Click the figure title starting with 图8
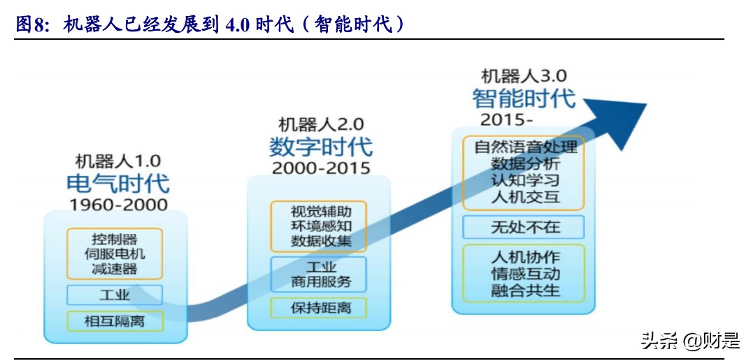coord(210,25)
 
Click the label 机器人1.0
coord(118,161)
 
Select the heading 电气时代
coord(118,183)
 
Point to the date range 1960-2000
coord(118,205)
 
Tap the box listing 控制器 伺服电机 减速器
coord(115,253)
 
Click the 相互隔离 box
coord(115,321)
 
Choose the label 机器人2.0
coord(321,125)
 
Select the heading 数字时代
coord(321,147)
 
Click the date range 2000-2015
coord(321,168)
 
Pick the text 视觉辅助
coord(321,211)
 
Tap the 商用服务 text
coord(321,282)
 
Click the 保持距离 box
coord(321,307)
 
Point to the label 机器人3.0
coord(524,75)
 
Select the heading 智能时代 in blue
coord(524,97)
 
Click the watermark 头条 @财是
coord(689,341)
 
